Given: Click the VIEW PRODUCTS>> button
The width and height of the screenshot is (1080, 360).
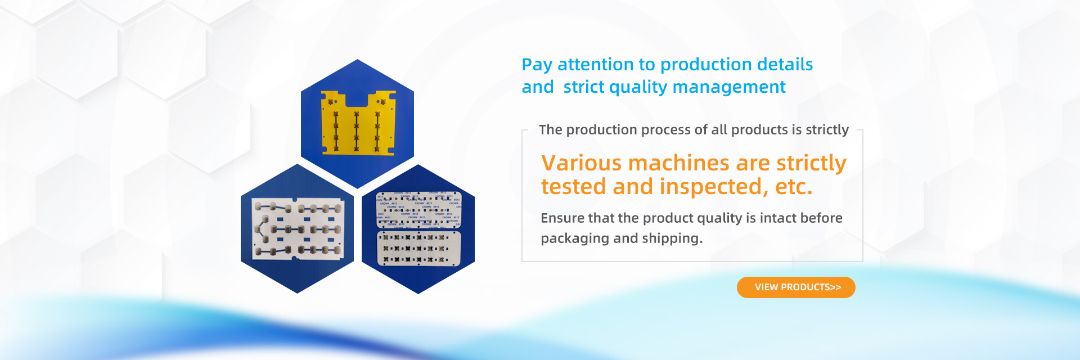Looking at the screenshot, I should point(796,287).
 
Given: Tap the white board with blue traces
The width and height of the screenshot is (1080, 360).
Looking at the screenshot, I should point(297,229).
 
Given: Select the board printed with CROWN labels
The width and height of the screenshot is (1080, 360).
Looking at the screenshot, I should point(418,210).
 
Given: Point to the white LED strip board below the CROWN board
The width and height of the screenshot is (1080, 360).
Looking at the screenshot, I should point(418,248).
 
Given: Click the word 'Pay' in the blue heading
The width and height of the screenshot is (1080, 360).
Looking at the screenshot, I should point(537,65).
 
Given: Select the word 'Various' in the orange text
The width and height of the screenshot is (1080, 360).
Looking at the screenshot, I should point(581,163).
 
